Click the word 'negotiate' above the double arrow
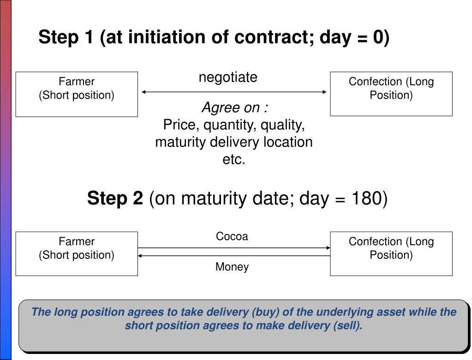228,77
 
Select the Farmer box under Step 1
77,94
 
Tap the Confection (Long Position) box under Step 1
391,94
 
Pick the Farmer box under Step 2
77,253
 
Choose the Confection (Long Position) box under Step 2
391,253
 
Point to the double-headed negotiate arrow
234,92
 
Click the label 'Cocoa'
232,236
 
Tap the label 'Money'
232,267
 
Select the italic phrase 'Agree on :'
235,108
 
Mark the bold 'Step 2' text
115,199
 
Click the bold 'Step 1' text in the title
66,37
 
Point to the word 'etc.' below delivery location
234,159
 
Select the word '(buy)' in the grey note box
265,312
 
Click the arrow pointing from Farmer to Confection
234,248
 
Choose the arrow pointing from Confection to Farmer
234,255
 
